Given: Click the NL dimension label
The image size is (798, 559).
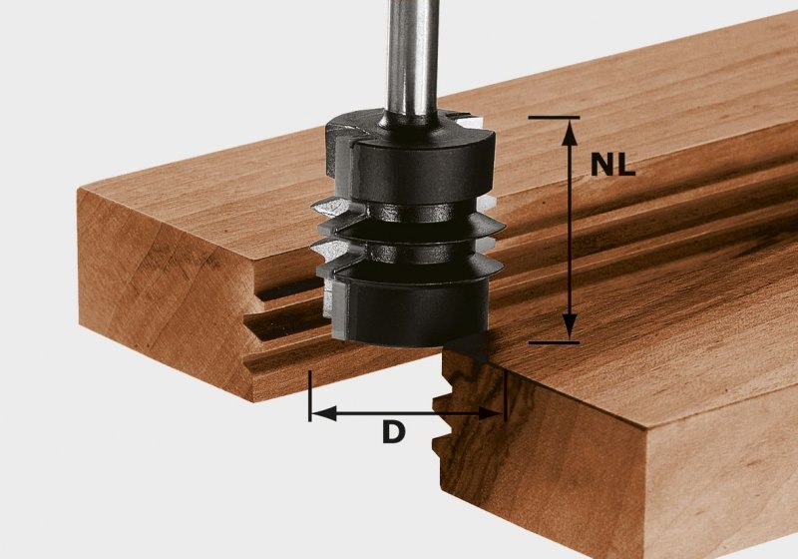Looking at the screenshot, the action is pyautogui.click(x=612, y=165).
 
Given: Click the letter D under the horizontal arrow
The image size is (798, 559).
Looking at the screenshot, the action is pyautogui.click(x=393, y=433).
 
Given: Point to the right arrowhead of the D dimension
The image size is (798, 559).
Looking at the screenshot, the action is pyautogui.click(x=491, y=413).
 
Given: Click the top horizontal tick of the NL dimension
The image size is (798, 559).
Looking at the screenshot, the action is pyautogui.click(x=554, y=118).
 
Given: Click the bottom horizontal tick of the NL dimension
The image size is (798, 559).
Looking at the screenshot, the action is pyautogui.click(x=554, y=342).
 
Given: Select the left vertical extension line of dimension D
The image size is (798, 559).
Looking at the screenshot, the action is pyautogui.click(x=309, y=396).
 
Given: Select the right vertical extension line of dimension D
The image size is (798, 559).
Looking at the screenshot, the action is pyautogui.click(x=505, y=396).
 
